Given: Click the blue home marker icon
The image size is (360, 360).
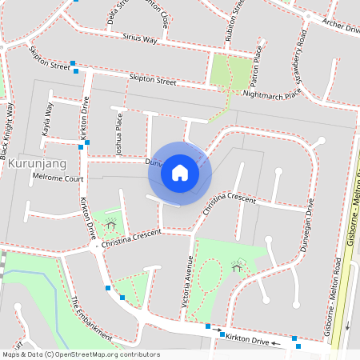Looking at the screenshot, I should [180, 173].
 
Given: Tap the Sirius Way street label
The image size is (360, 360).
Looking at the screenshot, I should [139, 38].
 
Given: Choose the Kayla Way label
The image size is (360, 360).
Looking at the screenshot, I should [46, 118].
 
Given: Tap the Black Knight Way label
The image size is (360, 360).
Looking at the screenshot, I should [6, 129].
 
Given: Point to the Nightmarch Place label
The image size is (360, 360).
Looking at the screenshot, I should [272, 94].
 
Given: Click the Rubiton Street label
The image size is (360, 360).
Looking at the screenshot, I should [238, 18].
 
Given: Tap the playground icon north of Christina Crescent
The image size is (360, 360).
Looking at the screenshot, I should [110, 224].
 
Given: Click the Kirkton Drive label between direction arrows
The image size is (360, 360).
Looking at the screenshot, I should [248, 340].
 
